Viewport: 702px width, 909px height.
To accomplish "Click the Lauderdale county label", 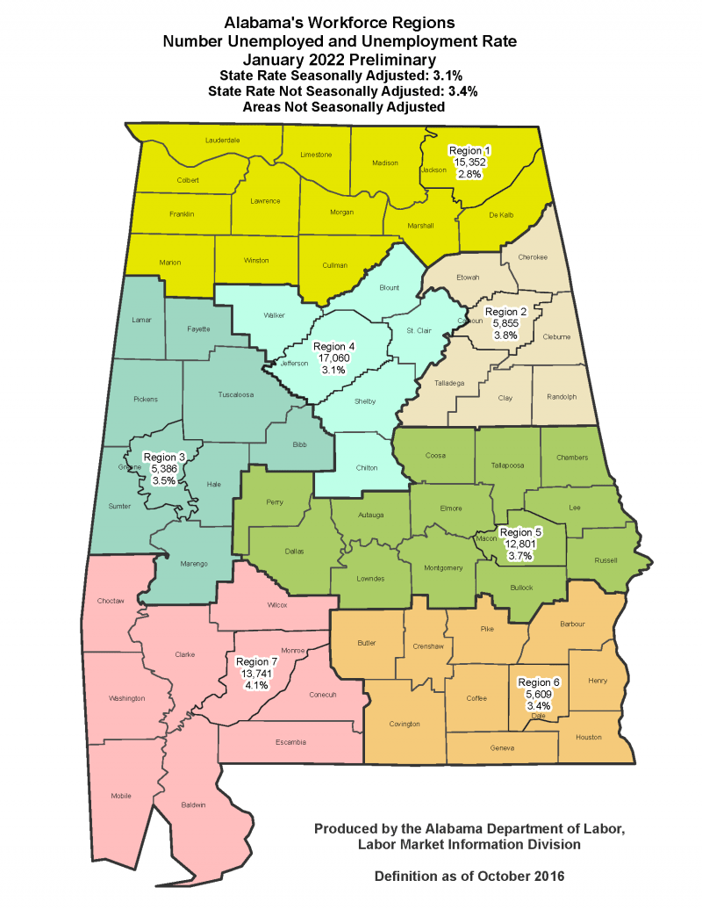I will coord(223,140).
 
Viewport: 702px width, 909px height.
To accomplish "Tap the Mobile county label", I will coord(121,796).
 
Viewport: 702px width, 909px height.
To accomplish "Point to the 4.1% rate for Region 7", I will coord(256,685).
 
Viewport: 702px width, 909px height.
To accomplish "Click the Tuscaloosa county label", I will coord(235,395).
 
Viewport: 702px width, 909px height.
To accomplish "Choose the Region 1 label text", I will coord(470,150).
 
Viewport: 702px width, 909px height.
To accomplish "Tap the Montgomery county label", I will coord(442,567).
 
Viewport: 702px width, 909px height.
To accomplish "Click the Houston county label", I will coord(589,737).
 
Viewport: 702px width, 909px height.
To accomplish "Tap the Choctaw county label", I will coord(111,601).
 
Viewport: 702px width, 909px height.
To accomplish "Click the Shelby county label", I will coord(365,400).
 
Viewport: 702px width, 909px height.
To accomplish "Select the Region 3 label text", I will coord(165,457).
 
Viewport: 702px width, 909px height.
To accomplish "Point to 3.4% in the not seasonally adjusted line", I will coord(458,91).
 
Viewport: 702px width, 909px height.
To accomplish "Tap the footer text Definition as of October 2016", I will coord(469,877).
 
